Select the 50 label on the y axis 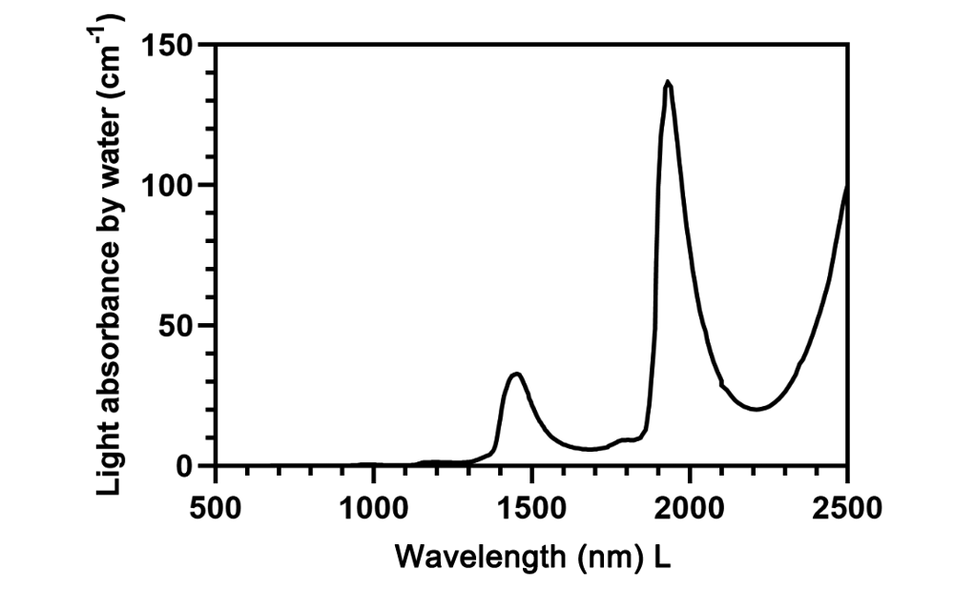[176, 325]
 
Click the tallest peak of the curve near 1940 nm [668, 82]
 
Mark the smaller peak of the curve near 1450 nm [516, 374]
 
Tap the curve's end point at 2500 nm [846, 186]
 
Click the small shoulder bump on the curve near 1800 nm [625, 439]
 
